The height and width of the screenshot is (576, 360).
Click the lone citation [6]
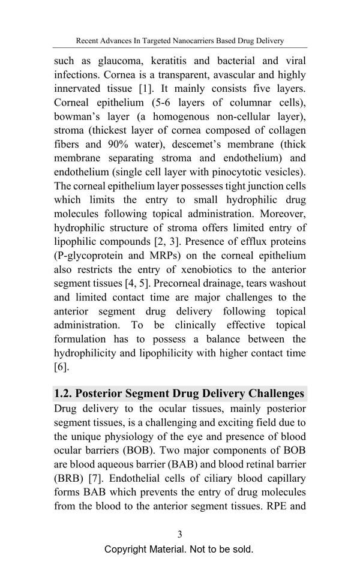(x=61, y=367)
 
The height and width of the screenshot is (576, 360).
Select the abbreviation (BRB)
(x=68, y=478)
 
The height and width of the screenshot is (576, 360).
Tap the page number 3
(x=179, y=534)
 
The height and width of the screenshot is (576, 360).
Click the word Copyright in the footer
(x=128, y=549)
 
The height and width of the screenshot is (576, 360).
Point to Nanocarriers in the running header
(x=199, y=41)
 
